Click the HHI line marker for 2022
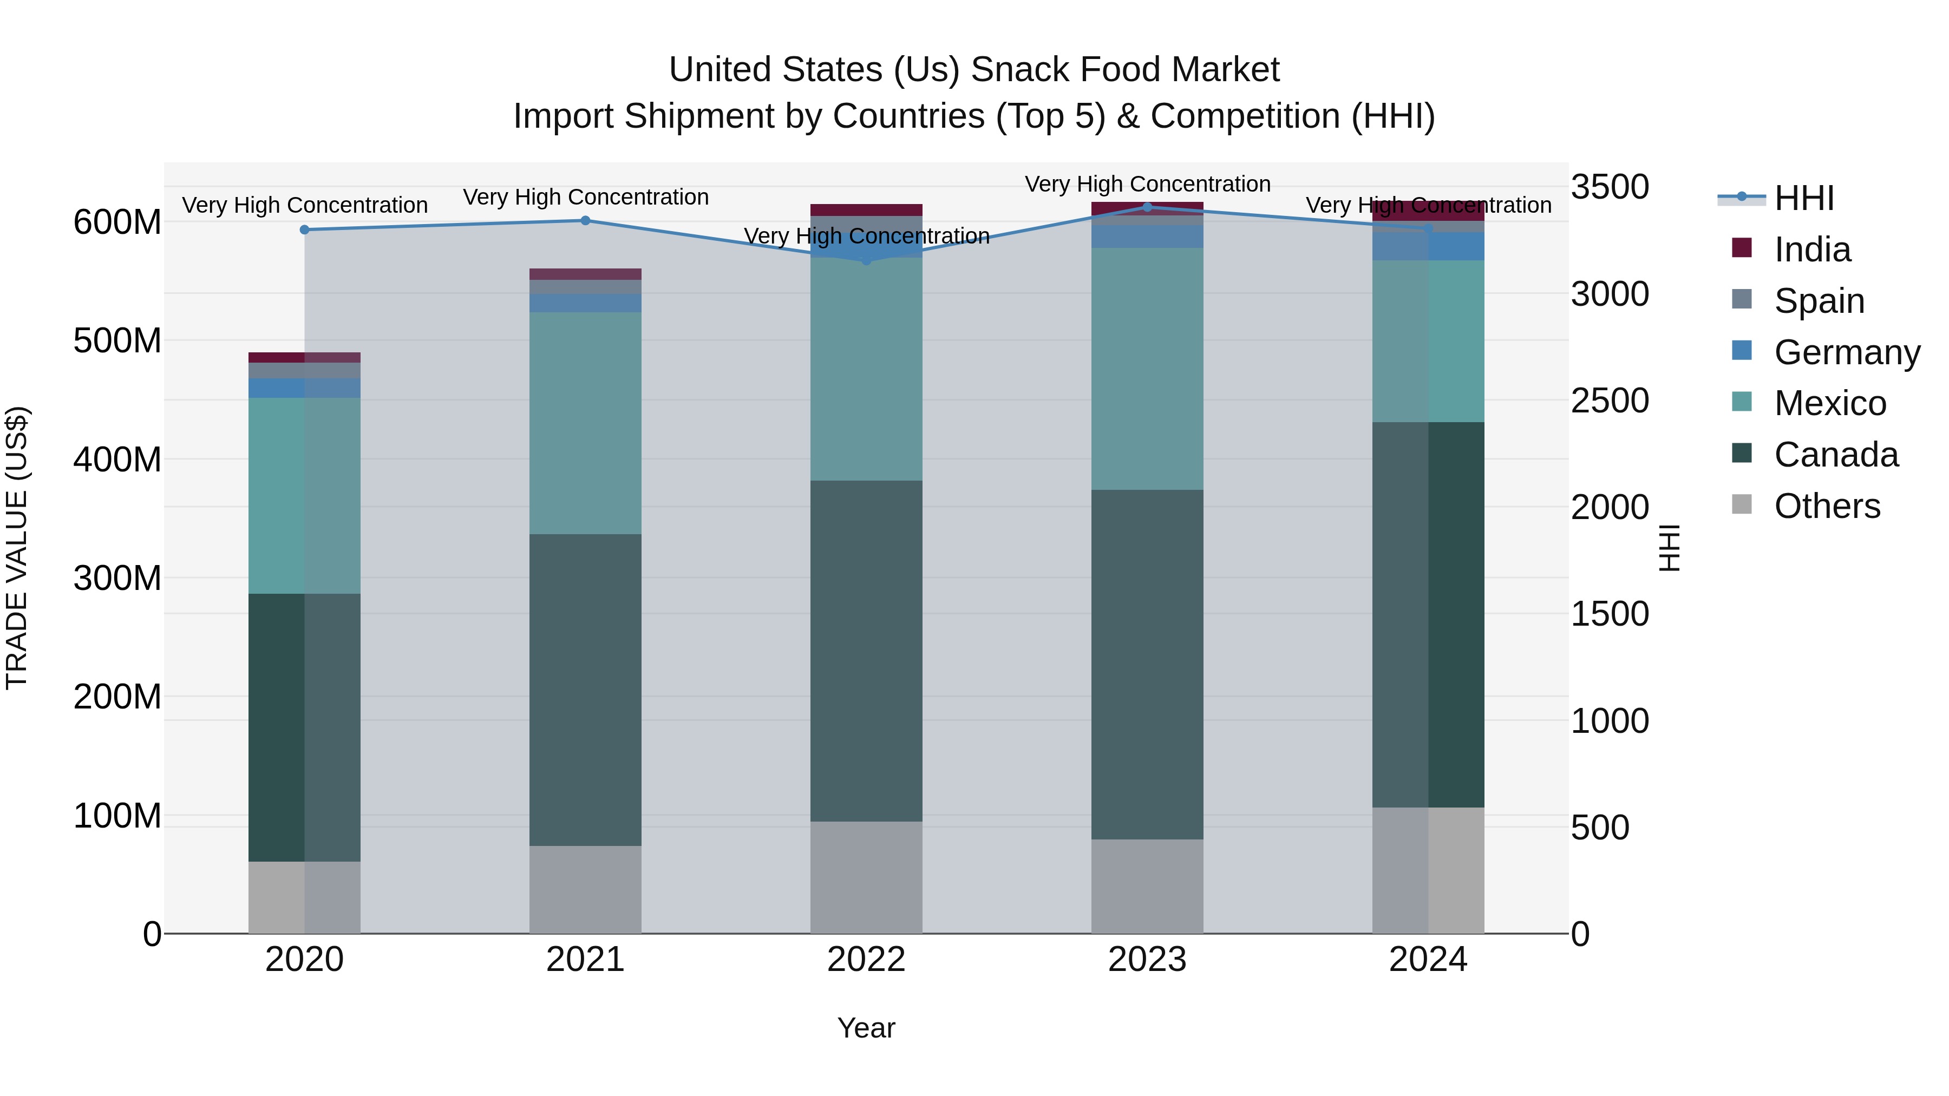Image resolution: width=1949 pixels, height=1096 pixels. pyautogui.click(x=866, y=260)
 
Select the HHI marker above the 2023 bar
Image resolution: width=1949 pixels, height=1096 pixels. pyautogui.click(x=1147, y=207)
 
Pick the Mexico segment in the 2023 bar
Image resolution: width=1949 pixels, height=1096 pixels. pyautogui.click(x=1147, y=369)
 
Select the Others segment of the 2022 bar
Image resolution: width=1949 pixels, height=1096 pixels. pyautogui.click(x=866, y=877)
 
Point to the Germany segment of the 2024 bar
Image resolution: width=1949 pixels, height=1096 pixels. pyautogui.click(x=1429, y=247)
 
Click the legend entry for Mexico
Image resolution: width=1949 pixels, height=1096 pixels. pyautogui.click(x=1829, y=403)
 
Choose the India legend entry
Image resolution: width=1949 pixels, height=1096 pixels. pyautogui.click(x=1812, y=250)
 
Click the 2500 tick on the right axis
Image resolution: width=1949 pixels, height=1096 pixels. pyautogui.click(x=1610, y=401)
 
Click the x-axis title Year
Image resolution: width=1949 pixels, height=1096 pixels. pyautogui.click(x=866, y=1028)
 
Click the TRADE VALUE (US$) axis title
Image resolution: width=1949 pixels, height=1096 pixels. pyautogui.click(x=17, y=548)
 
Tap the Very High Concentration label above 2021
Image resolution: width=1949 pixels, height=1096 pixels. pyautogui.click(x=586, y=198)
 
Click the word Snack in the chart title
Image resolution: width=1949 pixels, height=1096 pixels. pyautogui.click(x=1019, y=70)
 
